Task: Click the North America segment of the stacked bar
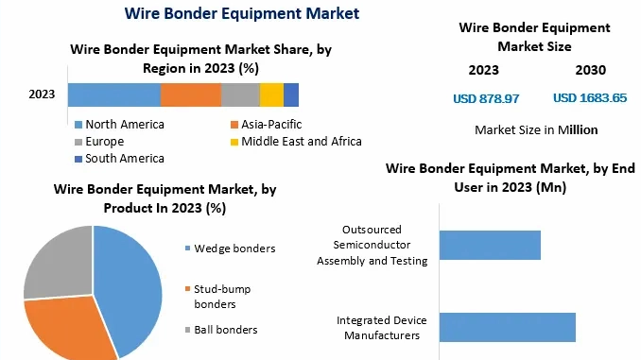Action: pos(113,94)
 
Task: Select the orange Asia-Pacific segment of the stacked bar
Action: pos(190,94)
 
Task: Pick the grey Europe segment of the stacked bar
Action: pos(240,94)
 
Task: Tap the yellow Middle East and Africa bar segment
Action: pos(271,94)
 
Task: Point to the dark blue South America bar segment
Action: pos(291,94)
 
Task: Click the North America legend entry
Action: pos(124,125)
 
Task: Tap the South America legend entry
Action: pos(124,159)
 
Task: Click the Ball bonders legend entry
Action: pos(225,330)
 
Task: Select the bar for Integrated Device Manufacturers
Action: pos(507,327)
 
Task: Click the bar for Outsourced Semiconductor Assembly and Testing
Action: pos(490,245)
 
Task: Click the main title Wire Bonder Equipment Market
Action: pos(241,14)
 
